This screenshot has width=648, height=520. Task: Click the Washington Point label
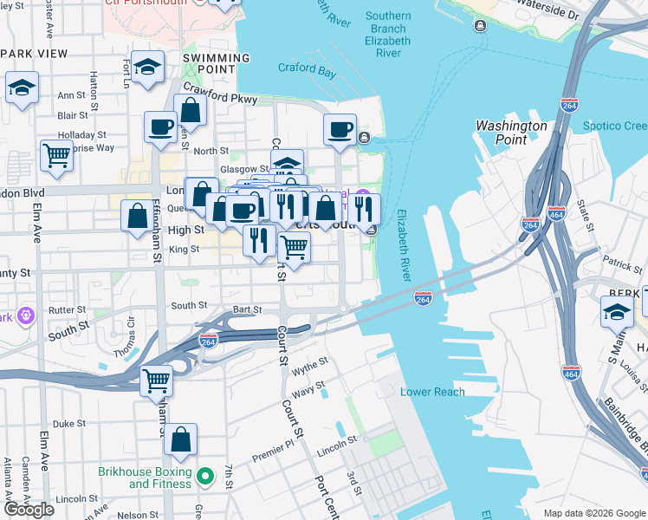tap(511, 133)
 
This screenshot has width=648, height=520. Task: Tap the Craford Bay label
tap(307, 69)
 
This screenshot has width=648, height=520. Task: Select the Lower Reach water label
tap(432, 392)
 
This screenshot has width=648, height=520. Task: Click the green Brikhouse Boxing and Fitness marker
tap(205, 476)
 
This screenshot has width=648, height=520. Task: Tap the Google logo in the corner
tap(29, 510)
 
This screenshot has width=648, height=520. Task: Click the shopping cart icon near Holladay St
tap(56, 155)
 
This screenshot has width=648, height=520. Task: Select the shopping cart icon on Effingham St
tap(157, 380)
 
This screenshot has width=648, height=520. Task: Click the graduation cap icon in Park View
tap(22, 87)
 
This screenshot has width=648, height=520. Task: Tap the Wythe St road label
tap(309, 365)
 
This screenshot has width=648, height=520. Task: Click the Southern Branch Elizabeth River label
tap(388, 35)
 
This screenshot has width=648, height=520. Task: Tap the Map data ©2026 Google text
tap(593, 513)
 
